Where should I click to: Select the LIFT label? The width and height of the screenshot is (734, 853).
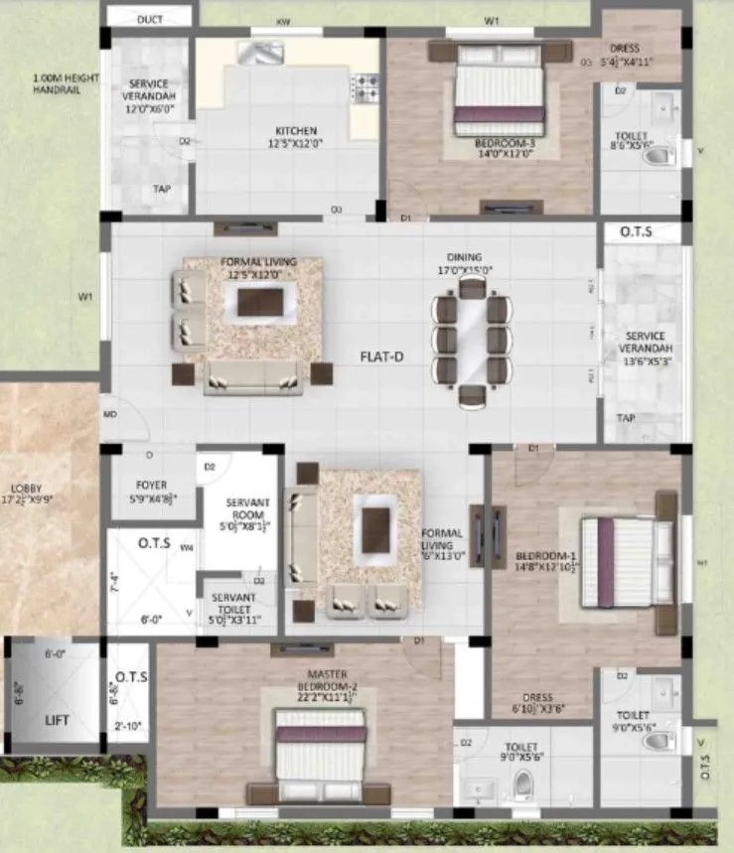(57, 720)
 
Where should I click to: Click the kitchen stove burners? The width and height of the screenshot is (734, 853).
(366, 88)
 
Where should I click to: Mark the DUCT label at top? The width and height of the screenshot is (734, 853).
(151, 19)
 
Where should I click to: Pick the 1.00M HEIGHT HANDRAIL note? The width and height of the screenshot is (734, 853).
(57, 83)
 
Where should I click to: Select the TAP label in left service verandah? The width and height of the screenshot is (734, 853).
(161, 188)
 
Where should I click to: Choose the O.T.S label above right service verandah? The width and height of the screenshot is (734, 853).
(636, 232)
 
